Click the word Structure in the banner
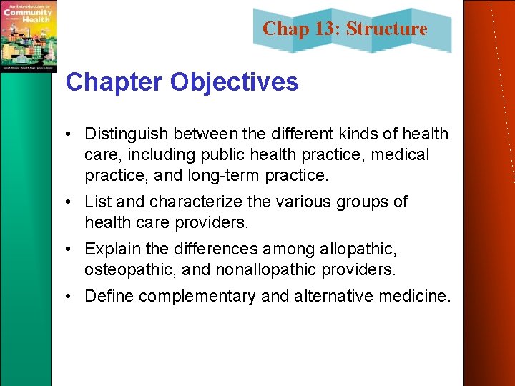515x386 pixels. [x=387, y=29]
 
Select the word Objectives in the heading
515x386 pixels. [x=235, y=82]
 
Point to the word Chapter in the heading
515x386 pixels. [x=113, y=82]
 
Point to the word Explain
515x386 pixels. [x=113, y=249]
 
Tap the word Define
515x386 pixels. [x=109, y=297]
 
